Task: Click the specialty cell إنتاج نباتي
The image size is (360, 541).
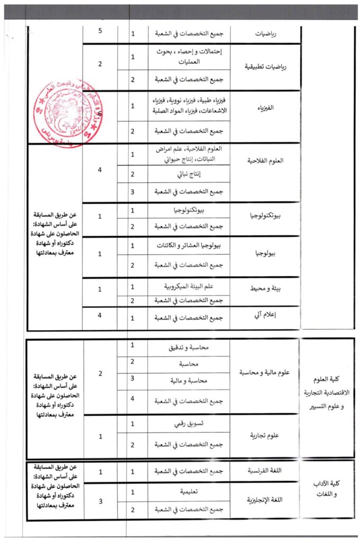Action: [189, 174]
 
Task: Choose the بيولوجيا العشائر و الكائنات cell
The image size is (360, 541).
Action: [189, 246]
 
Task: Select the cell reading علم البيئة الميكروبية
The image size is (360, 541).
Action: [189, 286]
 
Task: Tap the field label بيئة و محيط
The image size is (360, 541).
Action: [264, 290]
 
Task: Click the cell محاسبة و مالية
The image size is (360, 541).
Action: [189, 380]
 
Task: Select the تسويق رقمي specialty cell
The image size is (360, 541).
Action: [189, 424]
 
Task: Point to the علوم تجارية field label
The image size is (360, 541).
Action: [264, 436]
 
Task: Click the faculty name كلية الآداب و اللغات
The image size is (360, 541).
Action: [326, 490]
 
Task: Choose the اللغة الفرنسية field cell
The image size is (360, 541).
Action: [264, 471]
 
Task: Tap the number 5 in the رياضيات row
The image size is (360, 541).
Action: [100, 32]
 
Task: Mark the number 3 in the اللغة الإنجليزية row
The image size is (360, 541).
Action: [100, 500]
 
